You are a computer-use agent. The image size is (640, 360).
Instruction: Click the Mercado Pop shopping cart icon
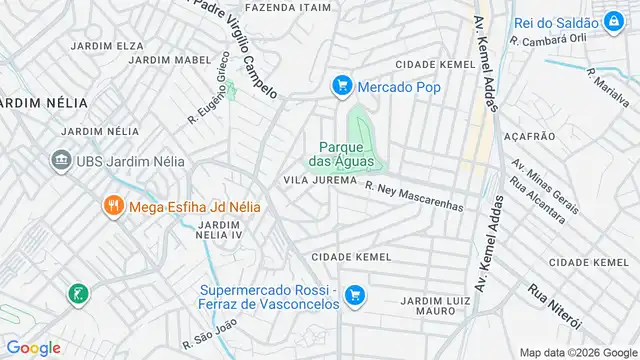pyautogui.click(x=342, y=87)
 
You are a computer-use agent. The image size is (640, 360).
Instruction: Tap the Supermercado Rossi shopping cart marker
pyautogui.click(x=353, y=295)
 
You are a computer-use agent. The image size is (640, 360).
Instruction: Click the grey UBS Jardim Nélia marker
pyautogui.click(x=60, y=160)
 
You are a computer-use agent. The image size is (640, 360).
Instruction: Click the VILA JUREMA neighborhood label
pyautogui.click(x=320, y=180)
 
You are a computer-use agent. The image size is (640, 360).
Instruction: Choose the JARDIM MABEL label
pyautogui.click(x=163, y=60)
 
